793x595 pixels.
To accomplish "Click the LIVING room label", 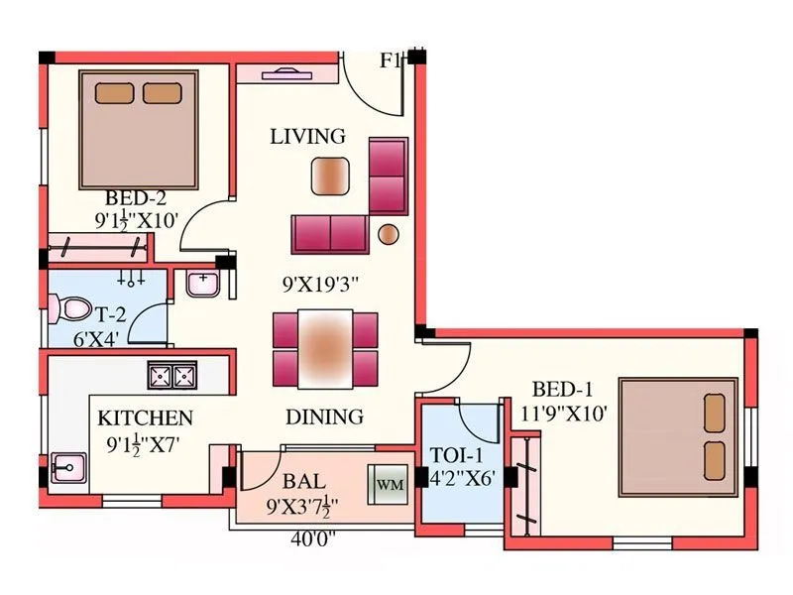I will point(307,137).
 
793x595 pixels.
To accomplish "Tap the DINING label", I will point(324,416).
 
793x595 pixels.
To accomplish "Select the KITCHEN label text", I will point(145,417).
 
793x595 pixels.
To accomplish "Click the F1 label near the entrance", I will point(391,60).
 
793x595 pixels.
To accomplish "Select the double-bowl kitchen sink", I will point(171,376).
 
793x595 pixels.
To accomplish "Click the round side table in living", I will point(390,234).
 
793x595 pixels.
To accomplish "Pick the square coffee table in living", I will point(331,177).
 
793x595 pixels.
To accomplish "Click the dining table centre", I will point(326,349).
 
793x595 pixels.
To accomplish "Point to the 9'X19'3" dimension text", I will point(319,286).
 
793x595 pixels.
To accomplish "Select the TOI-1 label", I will point(457,455).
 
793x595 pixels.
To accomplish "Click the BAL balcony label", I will point(304,481).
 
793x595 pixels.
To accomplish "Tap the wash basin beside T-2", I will point(203,284).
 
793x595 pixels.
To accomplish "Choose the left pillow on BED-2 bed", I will point(115,93).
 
